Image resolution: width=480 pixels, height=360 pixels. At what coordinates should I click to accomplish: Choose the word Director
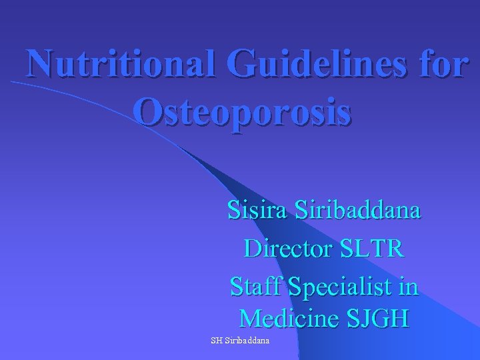[292, 249]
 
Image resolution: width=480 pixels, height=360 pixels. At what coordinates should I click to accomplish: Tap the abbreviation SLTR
[375, 249]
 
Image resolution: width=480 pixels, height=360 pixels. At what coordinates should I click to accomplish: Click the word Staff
[255, 287]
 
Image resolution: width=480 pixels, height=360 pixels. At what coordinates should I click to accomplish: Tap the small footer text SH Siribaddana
[240, 340]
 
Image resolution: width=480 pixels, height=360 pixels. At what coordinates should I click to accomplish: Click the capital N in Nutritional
[41, 65]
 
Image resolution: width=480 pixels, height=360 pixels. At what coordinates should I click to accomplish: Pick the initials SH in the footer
[216, 340]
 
